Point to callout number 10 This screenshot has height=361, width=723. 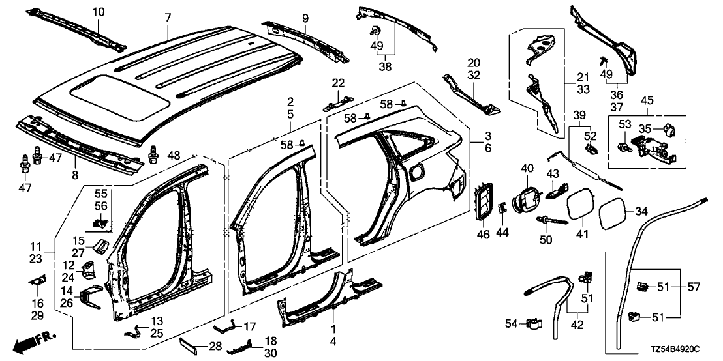98,12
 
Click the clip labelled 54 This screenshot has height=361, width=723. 534,323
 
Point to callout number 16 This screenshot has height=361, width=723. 37,303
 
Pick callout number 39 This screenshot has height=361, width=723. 578,115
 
